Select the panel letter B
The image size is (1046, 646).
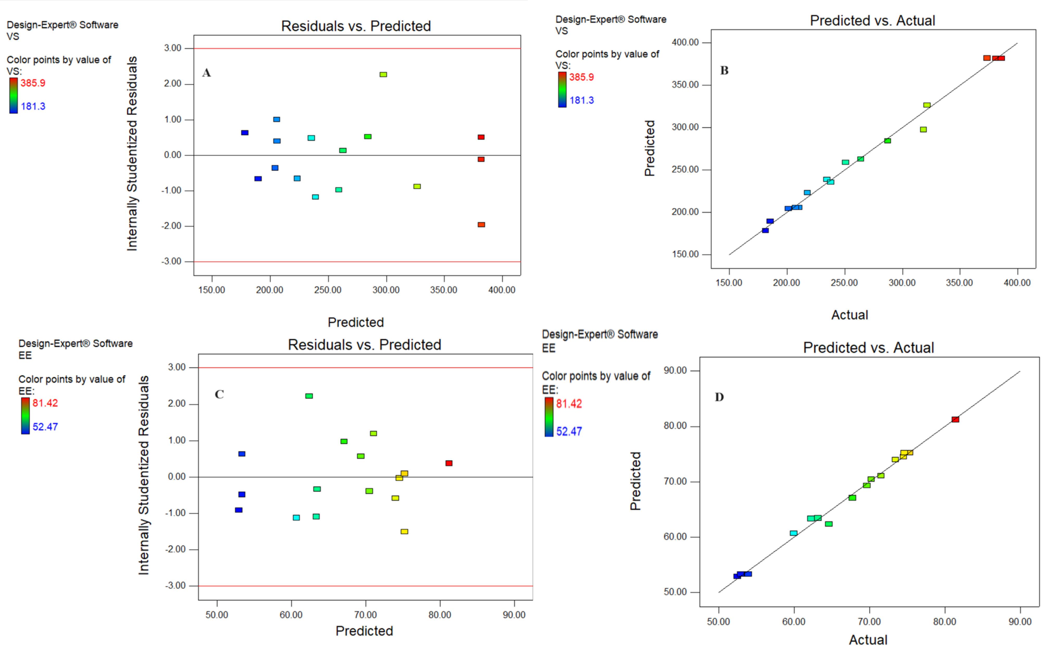(724, 71)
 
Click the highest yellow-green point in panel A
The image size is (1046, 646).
(383, 75)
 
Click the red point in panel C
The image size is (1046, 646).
(449, 463)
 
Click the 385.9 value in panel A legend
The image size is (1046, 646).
(33, 83)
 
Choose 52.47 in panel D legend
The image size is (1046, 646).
(569, 432)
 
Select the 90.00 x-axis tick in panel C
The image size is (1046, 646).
(514, 615)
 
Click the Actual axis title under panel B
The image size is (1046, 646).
(849, 315)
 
